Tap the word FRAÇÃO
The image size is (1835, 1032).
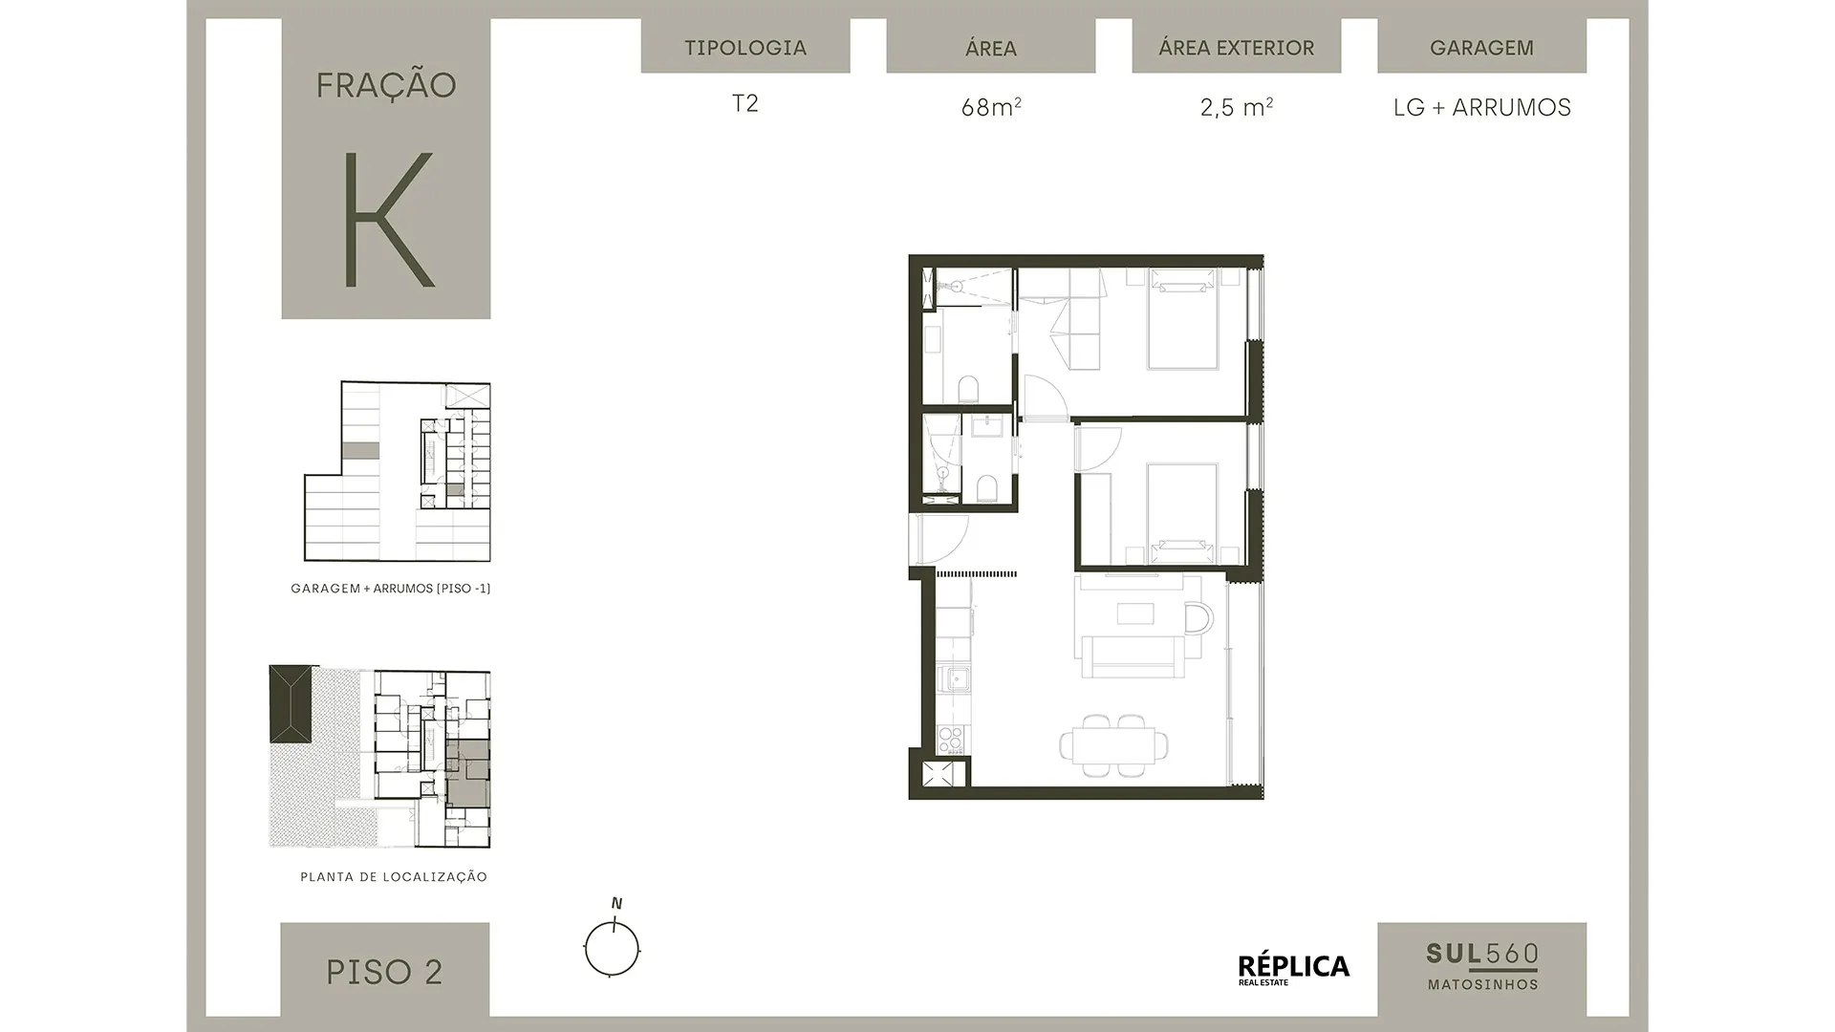[386, 85]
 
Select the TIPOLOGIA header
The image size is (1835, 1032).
[745, 48]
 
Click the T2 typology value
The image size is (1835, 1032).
[745, 103]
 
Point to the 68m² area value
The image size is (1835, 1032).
[991, 107]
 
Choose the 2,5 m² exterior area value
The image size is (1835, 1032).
[1236, 107]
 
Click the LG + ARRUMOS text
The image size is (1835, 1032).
[1482, 107]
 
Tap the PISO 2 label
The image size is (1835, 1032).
[384, 972]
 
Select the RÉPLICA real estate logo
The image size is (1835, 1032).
[1294, 969]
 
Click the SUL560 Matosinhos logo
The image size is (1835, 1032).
[1482, 966]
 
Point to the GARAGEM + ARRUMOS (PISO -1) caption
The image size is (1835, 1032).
[391, 589]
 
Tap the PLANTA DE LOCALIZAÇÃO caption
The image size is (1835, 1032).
[394, 876]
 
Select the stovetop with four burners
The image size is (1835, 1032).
[951, 740]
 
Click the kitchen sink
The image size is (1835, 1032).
[953, 679]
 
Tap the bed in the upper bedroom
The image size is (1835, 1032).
[1183, 318]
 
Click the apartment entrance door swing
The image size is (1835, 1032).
[940, 539]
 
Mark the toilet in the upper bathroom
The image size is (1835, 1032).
[969, 389]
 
